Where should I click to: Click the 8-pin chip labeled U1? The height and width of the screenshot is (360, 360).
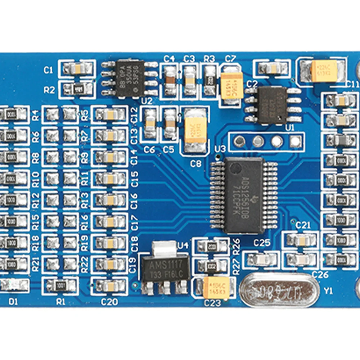(x=273, y=105)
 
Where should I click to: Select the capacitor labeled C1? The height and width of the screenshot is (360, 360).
(x=77, y=69)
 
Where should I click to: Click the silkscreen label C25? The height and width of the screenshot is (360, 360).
(x=262, y=243)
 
